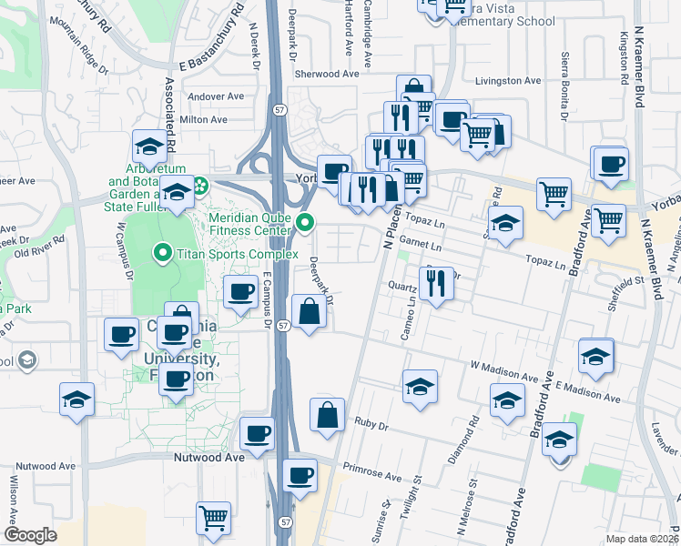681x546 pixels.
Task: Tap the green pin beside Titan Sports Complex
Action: pos(163,253)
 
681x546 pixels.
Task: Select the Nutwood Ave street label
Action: pos(209,458)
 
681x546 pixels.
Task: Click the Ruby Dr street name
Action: pos(371,425)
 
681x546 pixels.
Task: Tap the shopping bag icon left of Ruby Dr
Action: pos(327,415)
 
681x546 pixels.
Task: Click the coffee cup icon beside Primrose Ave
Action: pos(299,475)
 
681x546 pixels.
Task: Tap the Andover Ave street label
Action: pos(216,96)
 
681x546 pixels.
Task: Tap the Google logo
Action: pos(30,535)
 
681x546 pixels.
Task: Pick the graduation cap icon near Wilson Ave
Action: pos(76,399)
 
